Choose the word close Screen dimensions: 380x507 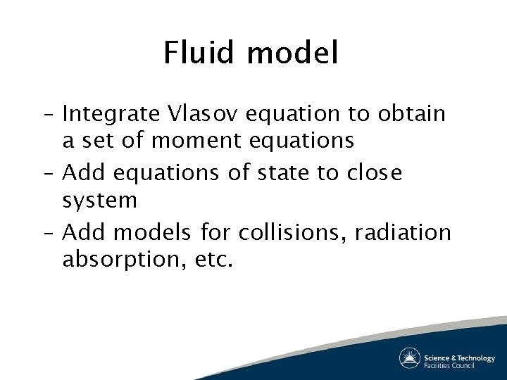pyautogui.click(x=374, y=172)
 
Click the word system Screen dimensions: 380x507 pyautogui.click(x=99, y=202)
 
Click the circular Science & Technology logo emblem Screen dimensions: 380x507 pyautogui.click(x=410, y=358)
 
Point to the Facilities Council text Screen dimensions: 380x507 pyautogui.click(x=450, y=365)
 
